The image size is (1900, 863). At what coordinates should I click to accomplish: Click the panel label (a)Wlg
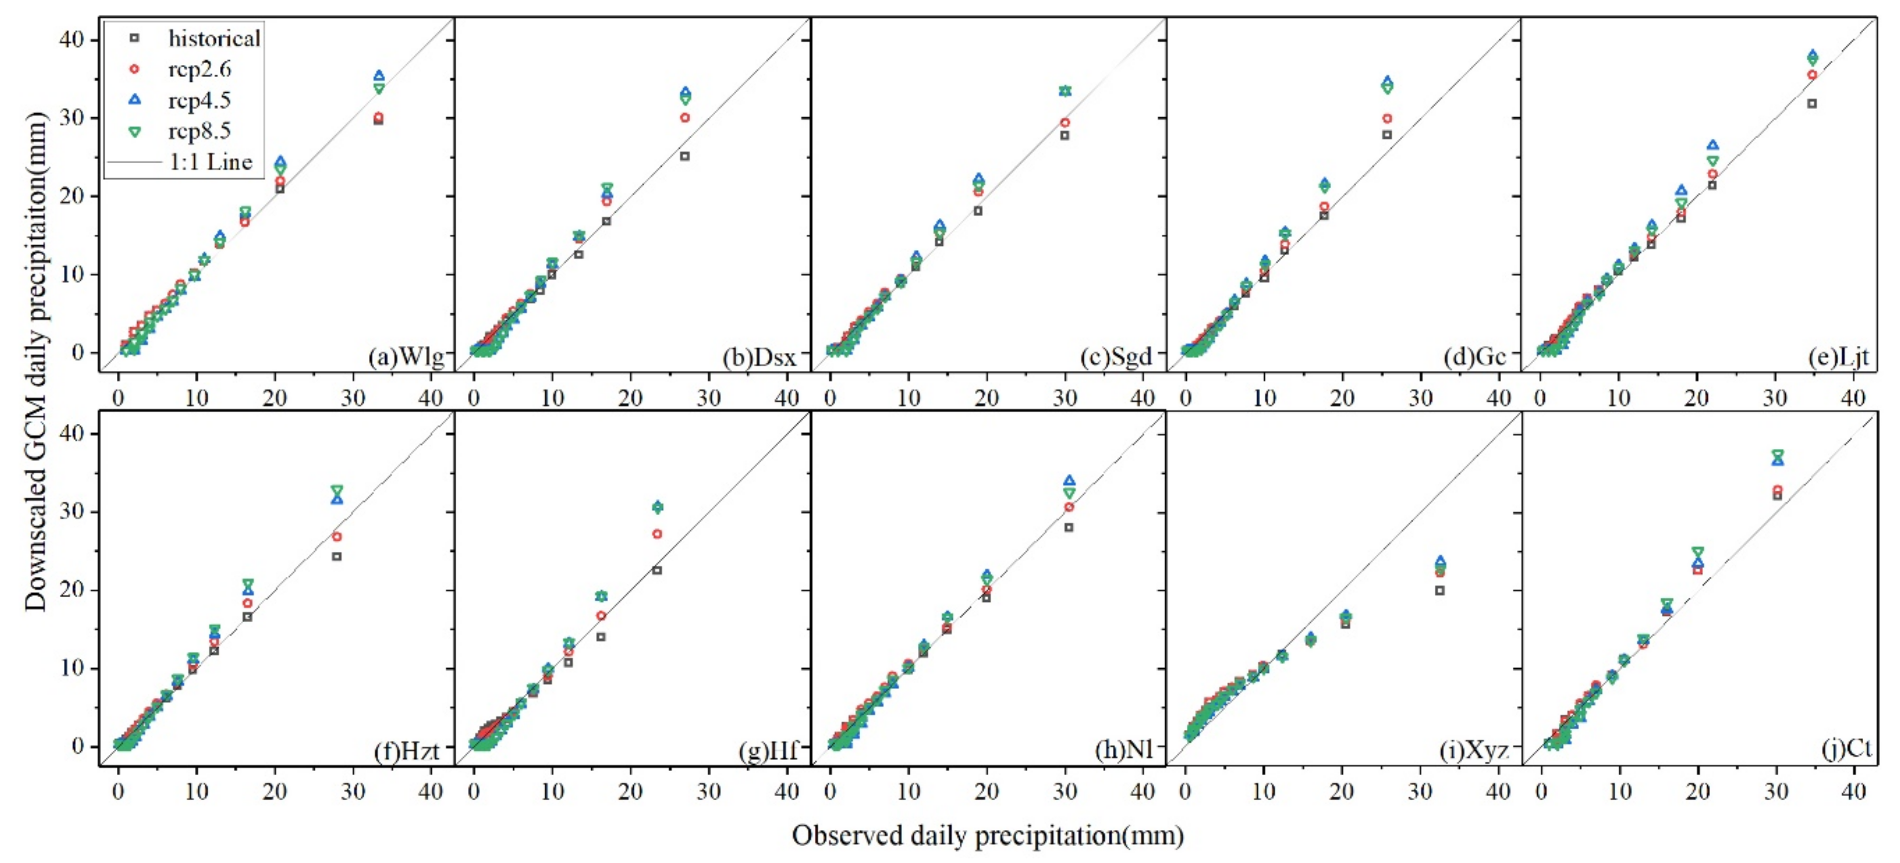[x=407, y=357]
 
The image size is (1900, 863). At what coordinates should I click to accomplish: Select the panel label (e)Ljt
[x=1839, y=357]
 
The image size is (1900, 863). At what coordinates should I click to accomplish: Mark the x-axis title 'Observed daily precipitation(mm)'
[x=988, y=835]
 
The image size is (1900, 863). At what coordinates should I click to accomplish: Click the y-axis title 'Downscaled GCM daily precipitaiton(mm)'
[x=35, y=362]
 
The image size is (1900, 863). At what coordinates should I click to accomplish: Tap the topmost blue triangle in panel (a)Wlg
[x=379, y=76]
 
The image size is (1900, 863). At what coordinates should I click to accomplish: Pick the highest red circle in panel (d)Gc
[x=1387, y=118]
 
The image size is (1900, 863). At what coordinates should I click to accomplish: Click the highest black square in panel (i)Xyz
[x=1440, y=590]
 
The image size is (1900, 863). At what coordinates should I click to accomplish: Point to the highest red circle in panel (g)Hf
[x=657, y=534]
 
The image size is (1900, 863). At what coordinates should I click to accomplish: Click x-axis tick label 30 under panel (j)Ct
[x=1776, y=792]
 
